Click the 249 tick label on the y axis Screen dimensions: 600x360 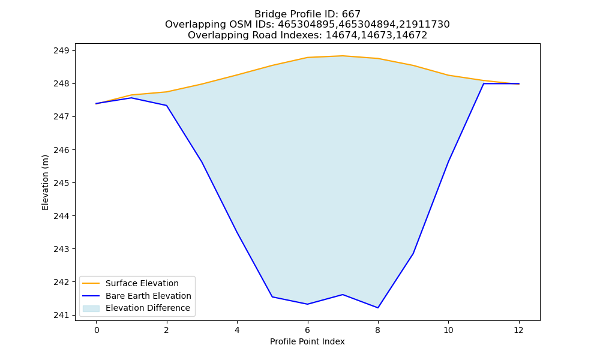[x=62, y=50]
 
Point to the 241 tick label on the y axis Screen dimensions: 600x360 [x=62, y=315]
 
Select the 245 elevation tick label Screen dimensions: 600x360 [x=62, y=183]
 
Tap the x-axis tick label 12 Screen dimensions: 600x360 [x=518, y=330]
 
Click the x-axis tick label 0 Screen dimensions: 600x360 [x=97, y=330]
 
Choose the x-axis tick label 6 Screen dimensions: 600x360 [x=307, y=330]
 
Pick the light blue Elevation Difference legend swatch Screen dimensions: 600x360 [x=91, y=308]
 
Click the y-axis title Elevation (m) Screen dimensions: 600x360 [x=45, y=182]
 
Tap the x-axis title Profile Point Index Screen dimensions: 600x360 [x=307, y=341]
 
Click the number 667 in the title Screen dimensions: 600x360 [x=351, y=14]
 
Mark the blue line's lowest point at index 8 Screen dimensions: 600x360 [x=377, y=308]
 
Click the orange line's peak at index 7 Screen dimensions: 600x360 [x=343, y=56]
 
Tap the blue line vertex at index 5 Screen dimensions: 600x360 [x=272, y=296]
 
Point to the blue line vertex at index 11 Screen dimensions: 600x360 [x=484, y=83]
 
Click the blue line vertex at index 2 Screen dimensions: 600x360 [x=166, y=105]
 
